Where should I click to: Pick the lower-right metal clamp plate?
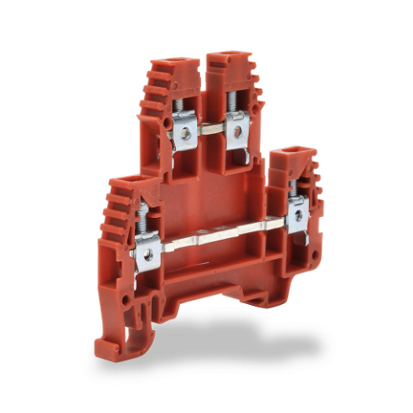(296, 215)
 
